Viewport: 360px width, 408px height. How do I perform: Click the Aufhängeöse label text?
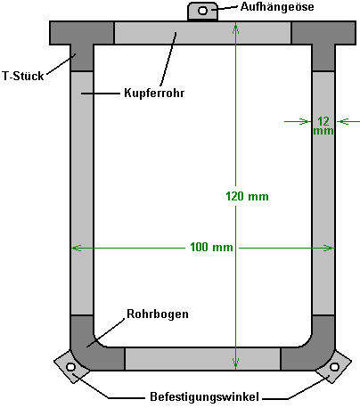pyautogui.click(x=277, y=6)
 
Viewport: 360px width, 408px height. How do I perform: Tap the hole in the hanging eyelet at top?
pyautogui.click(x=202, y=11)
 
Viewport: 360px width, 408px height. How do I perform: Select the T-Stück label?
pyautogui.click(x=23, y=76)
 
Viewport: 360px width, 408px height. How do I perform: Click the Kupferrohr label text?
pyautogui.click(x=154, y=93)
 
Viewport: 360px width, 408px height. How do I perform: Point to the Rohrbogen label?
pyautogui.click(x=158, y=314)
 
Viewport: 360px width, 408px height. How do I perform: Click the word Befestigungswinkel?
pyautogui.click(x=204, y=396)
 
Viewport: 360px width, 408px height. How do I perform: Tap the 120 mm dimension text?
pyautogui.click(x=247, y=196)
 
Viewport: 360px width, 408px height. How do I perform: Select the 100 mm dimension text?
pyautogui.click(x=211, y=247)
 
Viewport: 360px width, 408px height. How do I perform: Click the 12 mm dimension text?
pyautogui.click(x=323, y=126)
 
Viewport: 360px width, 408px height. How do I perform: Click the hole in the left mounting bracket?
pyautogui.click(x=70, y=367)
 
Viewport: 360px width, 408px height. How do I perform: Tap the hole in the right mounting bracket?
pyautogui.click(x=334, y=367)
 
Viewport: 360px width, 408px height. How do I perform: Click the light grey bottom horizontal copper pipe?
pyautogui.click(x=202, y=359)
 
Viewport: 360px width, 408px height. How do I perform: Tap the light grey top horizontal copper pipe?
pyautogui.click(x=202, y=33)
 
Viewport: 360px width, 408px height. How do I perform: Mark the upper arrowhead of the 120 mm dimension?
pyautogui.click(x=235, y=29)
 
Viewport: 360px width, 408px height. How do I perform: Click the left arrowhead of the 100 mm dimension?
pyautogui.click(x=77, y=248)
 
